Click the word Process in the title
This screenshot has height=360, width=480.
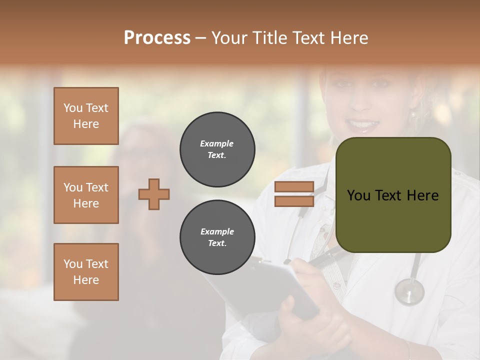[x=157, y=37]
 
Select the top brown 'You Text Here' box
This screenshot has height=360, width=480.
[x=86, y=116]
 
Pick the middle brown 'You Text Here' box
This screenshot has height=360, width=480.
[x=86, y=195]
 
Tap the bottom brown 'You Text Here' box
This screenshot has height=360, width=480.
[x=86, y=271]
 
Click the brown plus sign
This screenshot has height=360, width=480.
[x=154, y=194]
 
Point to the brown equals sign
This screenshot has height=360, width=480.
[x=294, y=194]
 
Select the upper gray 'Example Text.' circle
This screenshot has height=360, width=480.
[x=217, y=149]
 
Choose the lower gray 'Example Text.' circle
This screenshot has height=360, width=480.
[x=217, y=237]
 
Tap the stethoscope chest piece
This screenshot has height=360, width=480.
[x=409, y=291]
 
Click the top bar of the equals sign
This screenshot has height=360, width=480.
[x=294, y=187]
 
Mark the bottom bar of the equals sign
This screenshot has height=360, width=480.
[x=294, y=201]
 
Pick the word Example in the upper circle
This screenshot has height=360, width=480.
[x=216, y=143]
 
